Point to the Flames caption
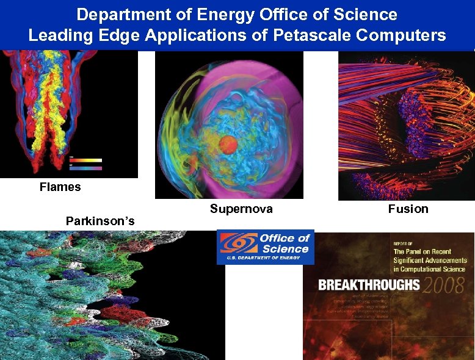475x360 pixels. [x=60, y=187]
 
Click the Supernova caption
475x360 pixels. [x=241, y=209]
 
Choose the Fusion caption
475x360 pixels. [x=408, y=209]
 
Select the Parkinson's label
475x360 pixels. [x=100, y=220]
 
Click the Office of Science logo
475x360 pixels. [x=265, y=247]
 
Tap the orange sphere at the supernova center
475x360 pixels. [x=228, y=145]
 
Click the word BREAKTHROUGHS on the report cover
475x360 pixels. [x=369, y=285]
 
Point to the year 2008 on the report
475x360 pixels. [x=443, y=284]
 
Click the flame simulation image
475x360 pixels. [x=68, y=113]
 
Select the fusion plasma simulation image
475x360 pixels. [x=406, y=125]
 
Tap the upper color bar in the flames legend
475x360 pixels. [x=85, y=160]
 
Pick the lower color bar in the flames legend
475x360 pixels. [x=85, y=168]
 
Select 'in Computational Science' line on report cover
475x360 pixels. [x=429, y=269]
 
